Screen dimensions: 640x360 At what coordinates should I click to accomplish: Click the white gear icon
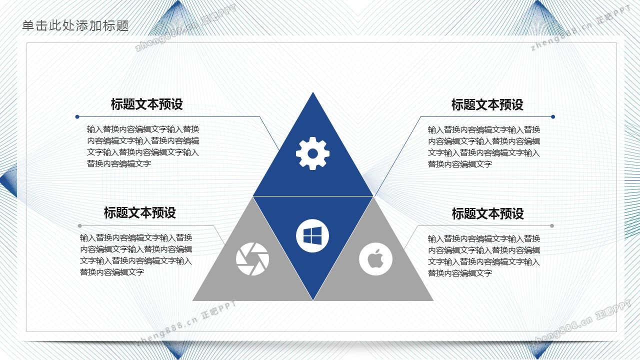click(x=312, y=153)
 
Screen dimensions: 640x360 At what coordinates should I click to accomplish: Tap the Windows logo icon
click(x=312, y=235)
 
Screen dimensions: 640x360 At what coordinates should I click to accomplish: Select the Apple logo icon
click(x=375, y=259)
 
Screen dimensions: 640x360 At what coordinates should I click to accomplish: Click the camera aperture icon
click(x=252, y=259)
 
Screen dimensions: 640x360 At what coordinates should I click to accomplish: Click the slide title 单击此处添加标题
click(x=75, y=25)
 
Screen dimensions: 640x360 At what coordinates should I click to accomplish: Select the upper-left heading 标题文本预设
click(x=147, y=104)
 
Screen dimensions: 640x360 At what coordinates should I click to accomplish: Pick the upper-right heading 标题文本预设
click(x=487, y=105)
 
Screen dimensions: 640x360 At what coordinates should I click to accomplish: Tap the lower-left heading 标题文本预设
click(x=139, y=213)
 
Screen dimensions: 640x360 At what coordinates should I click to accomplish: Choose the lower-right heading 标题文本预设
click(x=487, y=213)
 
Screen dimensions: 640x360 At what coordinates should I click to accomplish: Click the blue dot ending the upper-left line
click(x=77, y=116)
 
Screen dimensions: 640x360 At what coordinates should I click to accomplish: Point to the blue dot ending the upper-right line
click(x=553, y=116)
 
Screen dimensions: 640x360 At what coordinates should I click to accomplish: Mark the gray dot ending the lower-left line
click(x=79, y=225)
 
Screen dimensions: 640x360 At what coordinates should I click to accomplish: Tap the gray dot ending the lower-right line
click(x=551, y=225)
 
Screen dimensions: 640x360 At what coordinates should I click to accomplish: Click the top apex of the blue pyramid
click(x=313, y=92)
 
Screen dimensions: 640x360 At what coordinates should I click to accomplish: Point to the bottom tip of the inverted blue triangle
click(x=313, y=300)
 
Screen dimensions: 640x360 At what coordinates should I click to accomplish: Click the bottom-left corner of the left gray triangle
click(x=193, y=300)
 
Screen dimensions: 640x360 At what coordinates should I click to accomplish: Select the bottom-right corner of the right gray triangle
click(x=433, y=300)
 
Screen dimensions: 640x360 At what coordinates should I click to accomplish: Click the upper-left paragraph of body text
click(x=143, y=146)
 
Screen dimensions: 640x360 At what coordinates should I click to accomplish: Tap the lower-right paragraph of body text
click(x=483, y=255)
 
